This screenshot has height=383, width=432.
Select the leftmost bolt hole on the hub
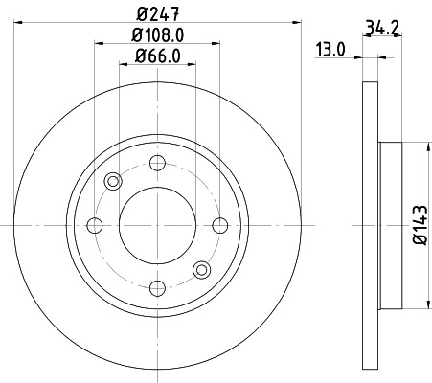click(94, 226)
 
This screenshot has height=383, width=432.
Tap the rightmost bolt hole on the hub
click(220, 226)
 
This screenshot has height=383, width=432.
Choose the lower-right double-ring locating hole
click(201, 270)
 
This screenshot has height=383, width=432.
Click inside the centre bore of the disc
click(157, 226)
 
